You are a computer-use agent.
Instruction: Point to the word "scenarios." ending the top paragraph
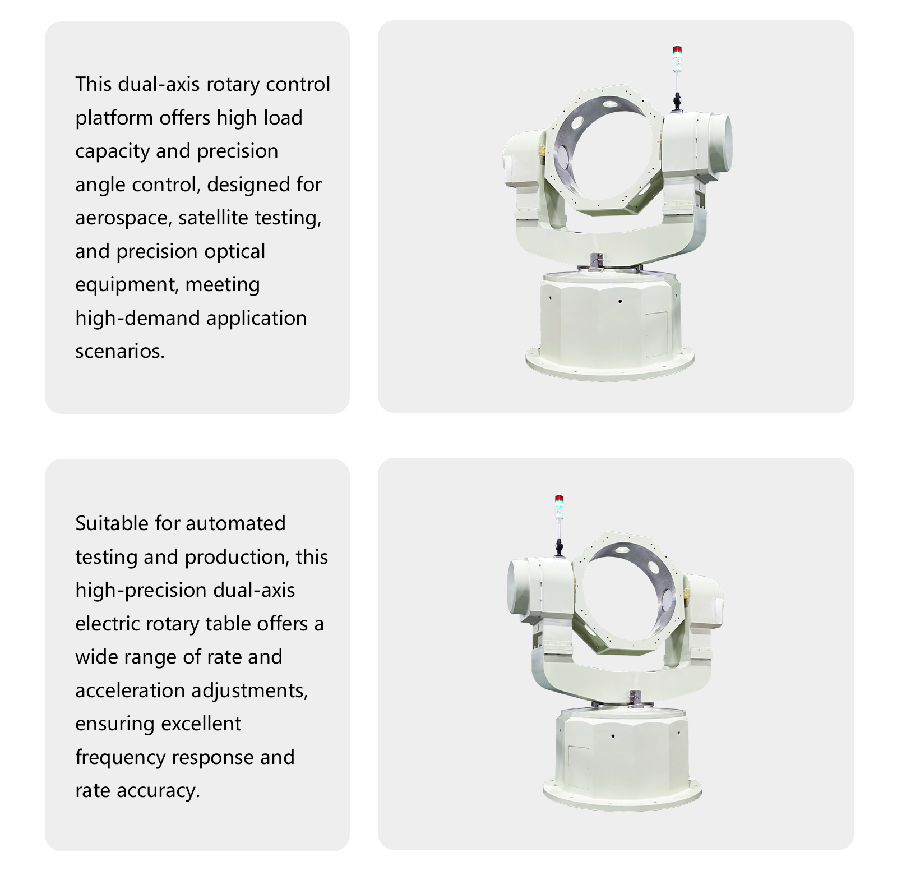120,351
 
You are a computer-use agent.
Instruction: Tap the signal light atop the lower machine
559,507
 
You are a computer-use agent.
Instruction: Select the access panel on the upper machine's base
656,335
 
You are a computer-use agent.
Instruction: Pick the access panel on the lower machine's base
579,768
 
